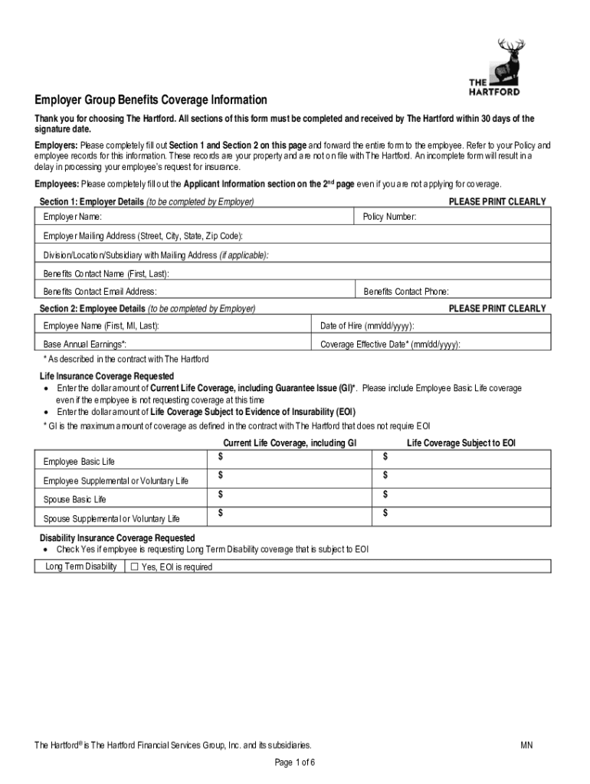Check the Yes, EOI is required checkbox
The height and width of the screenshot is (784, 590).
(134, 567)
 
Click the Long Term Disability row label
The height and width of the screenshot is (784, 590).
(80, 567)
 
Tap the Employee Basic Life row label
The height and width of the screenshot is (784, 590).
(80, 462)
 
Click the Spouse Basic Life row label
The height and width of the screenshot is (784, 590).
(75, 500)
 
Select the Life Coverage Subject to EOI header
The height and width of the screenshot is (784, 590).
(461, 443)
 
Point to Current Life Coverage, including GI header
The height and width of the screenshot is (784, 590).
(290, 443)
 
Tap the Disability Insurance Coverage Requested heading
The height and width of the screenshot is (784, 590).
(117, 538)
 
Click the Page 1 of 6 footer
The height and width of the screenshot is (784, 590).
(295, 763)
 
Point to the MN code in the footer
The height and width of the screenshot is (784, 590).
(526, 745)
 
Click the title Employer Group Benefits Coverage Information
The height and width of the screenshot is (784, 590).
(150, 100)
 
